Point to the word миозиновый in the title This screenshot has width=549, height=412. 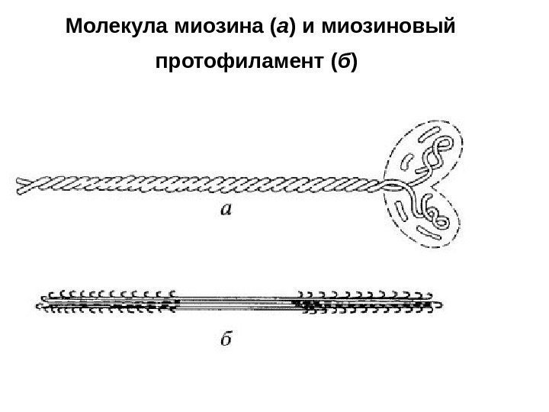coord(390,29)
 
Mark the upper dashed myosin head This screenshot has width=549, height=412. coord(429,154)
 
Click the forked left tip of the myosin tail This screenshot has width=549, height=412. coord(21,185)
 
